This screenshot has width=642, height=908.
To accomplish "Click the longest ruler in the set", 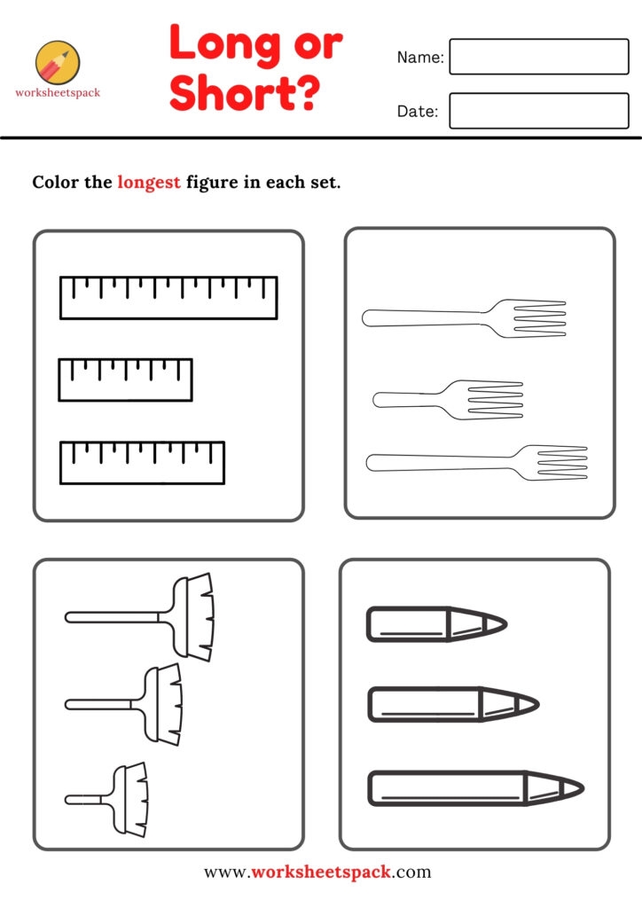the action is click(168, 298).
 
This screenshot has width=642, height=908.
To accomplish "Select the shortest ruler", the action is click(125, 380).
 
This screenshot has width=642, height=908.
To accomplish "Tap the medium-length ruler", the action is click(142, 463).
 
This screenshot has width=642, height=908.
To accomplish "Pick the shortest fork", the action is click(448, 400).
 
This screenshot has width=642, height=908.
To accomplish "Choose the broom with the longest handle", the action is click(139, 617).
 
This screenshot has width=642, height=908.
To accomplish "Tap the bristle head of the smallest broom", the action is click(130, 799).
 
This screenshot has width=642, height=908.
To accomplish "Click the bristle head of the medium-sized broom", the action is click(164, 704).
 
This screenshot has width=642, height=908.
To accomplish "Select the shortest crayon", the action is click(437, 624).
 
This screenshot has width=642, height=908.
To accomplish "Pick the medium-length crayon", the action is click(453, 704).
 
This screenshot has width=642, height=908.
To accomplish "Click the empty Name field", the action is click(539, 57).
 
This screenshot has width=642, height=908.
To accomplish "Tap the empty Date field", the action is click(539, 111).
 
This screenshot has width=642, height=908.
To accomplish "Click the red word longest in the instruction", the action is click(149, 183).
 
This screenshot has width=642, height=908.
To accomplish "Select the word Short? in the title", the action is click(244, 92).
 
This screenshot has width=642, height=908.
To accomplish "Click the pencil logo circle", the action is click(58, 63).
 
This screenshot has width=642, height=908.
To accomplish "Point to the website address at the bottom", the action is click(317, 873).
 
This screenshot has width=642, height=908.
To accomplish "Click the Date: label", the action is click(418, 111).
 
